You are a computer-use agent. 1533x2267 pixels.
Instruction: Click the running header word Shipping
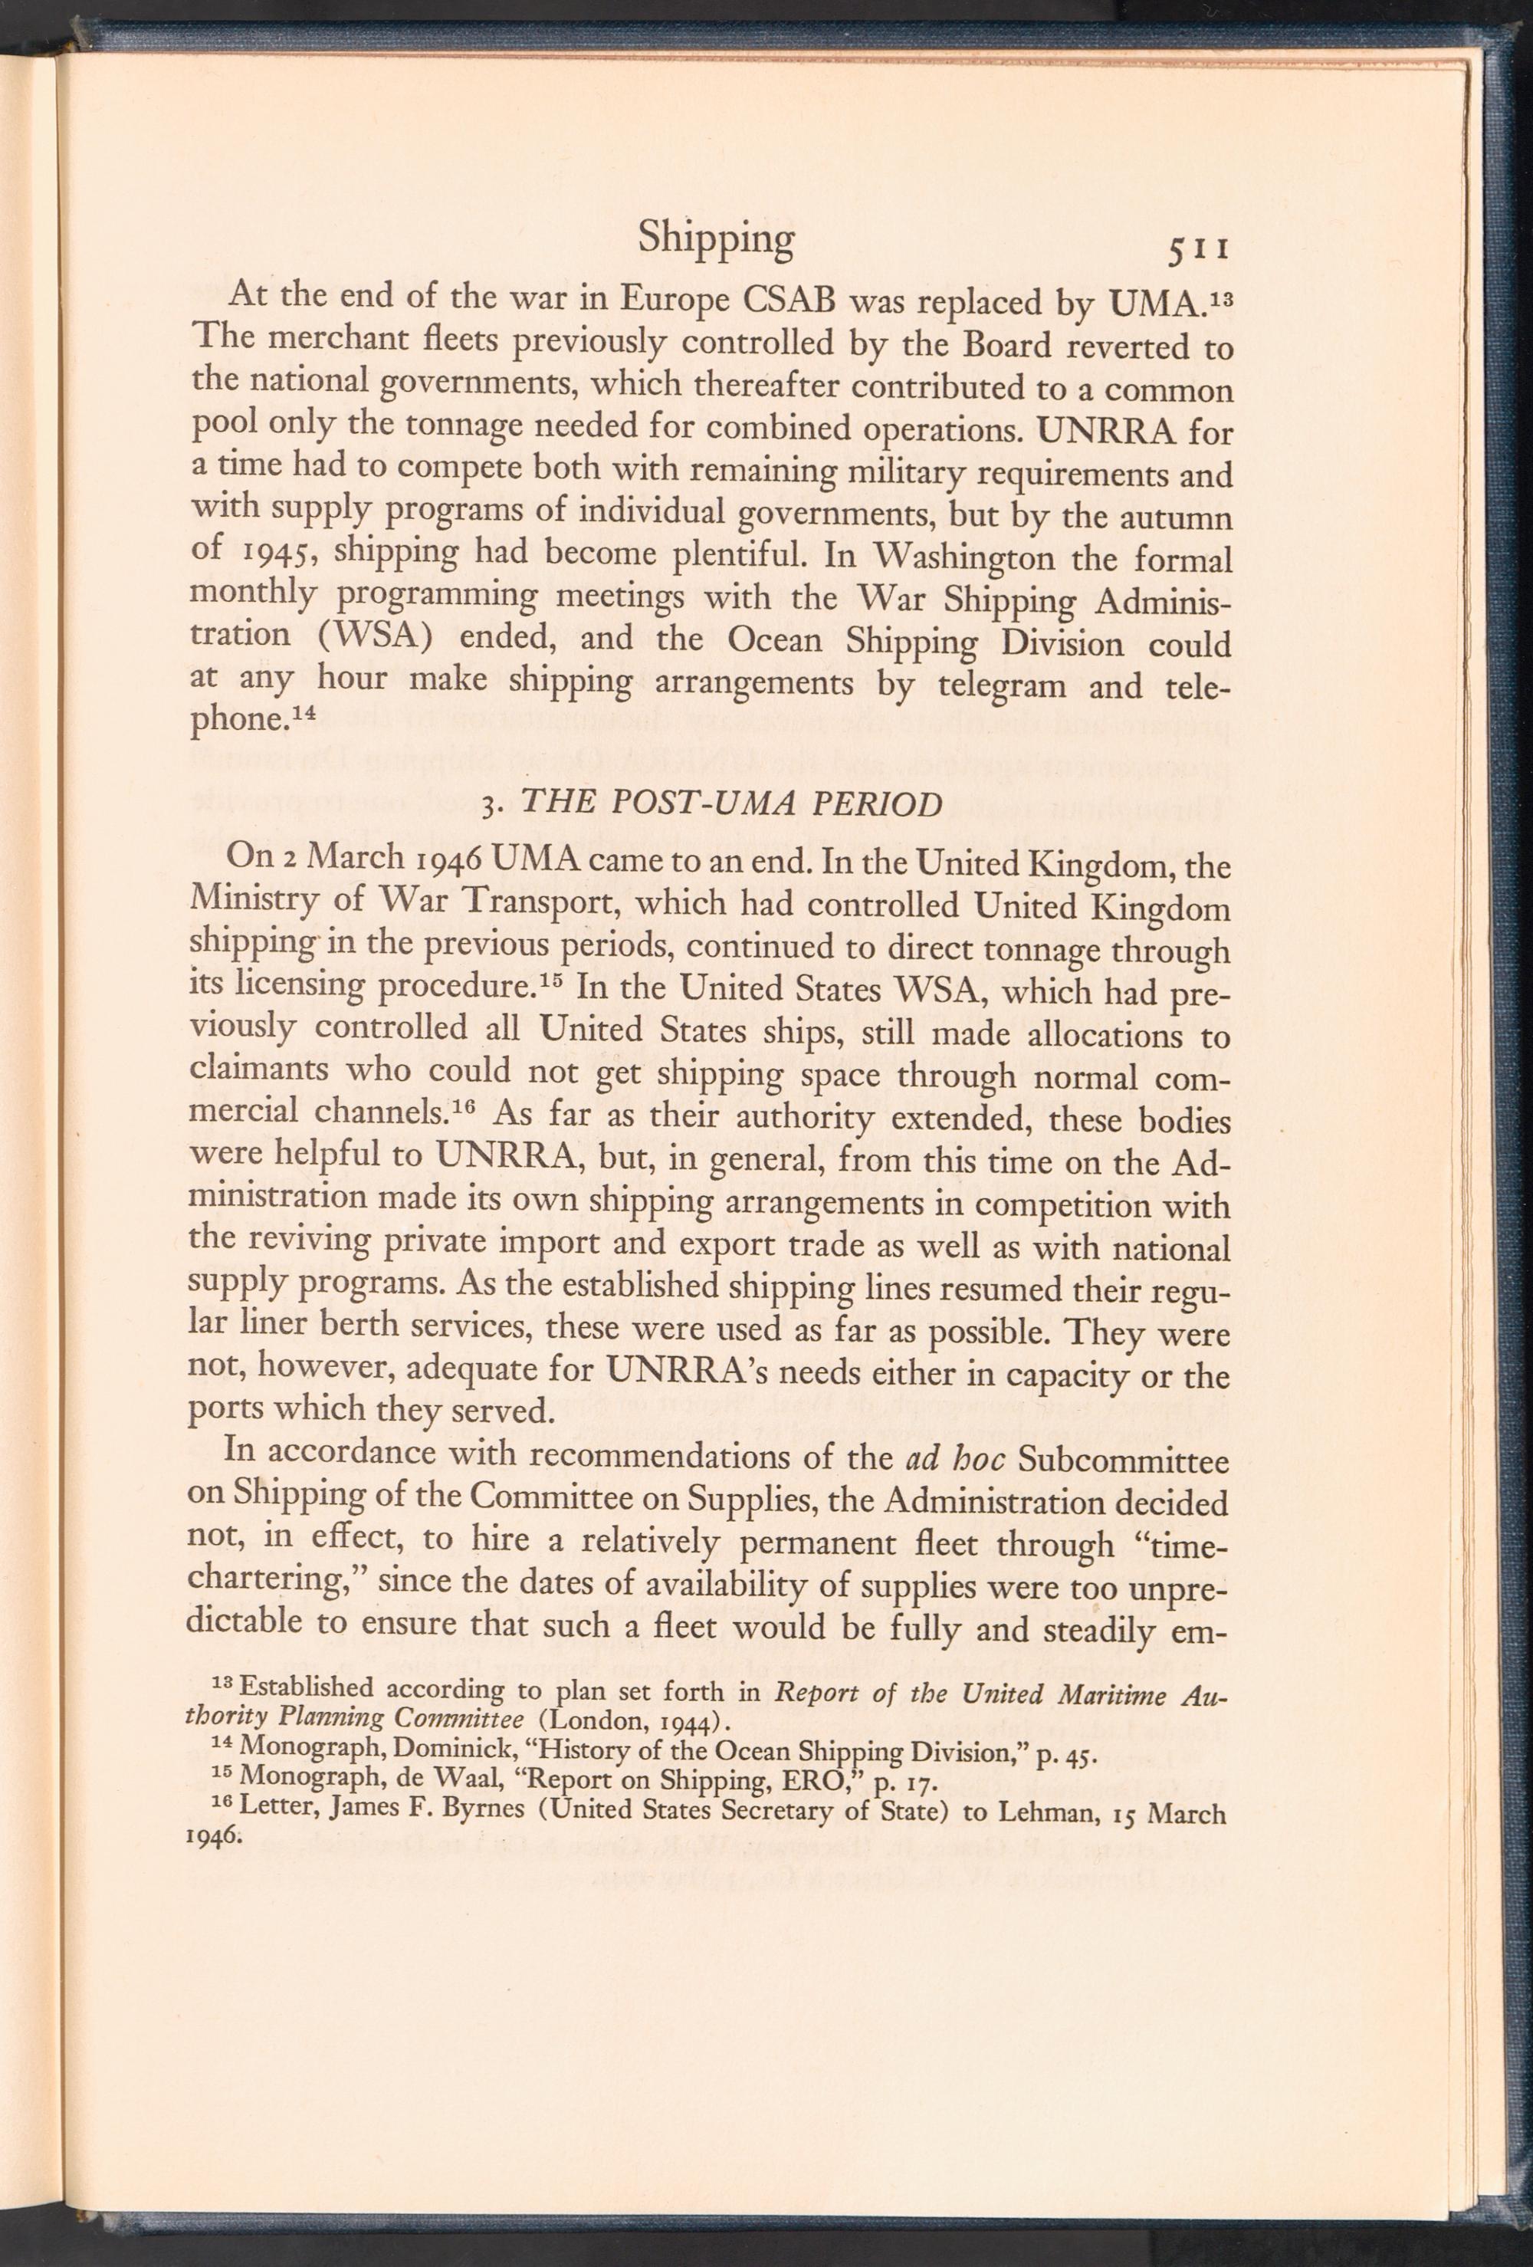[x=716, y=239]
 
